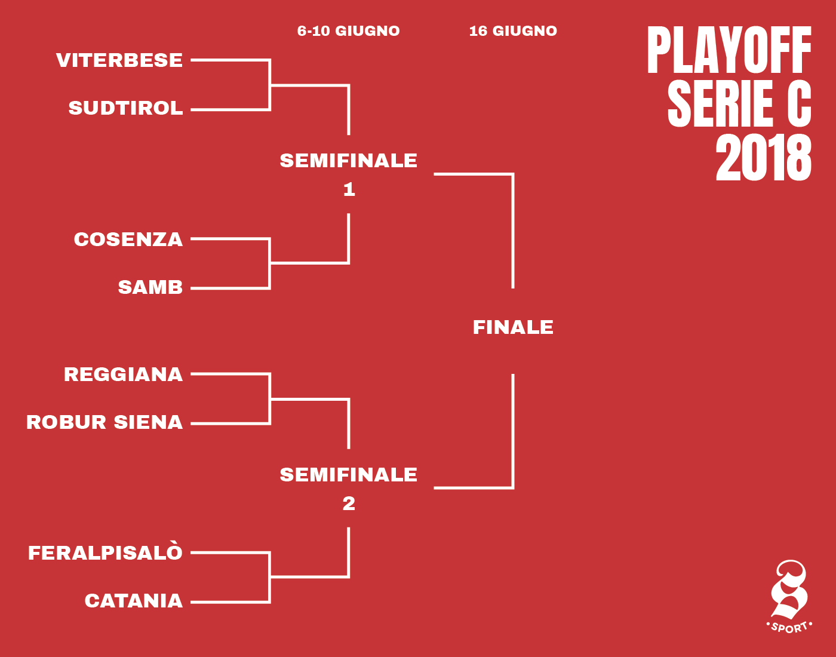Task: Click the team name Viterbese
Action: click(x=119, y=60)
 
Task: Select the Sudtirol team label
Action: click(x=126, y=108)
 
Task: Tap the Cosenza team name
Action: click(x=128, y=240)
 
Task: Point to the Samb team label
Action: click(x=150, y=287)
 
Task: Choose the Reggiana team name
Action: click(x=123, y=374)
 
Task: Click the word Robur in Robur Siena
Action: click(x=66, y=422)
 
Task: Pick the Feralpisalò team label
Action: click(x=105, y=552)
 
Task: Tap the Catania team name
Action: click(x=134, y=601)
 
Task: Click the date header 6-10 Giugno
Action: click(x=349, y=31)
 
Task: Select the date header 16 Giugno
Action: click(x=513, y=31)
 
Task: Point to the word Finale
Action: click(x=513, y=328)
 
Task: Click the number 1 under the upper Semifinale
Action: click(x=349, y=190)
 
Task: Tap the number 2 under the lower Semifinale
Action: click(x=349, y=504)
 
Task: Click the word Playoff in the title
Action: click(x=730, y=50)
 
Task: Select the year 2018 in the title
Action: click(x=764, y=158)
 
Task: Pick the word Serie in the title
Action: click(x=720, y=103)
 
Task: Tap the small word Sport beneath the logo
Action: click(x=789, y=628)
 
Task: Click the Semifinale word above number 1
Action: click(x=349, y=161)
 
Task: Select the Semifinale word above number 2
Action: click(x=349, y=475)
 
